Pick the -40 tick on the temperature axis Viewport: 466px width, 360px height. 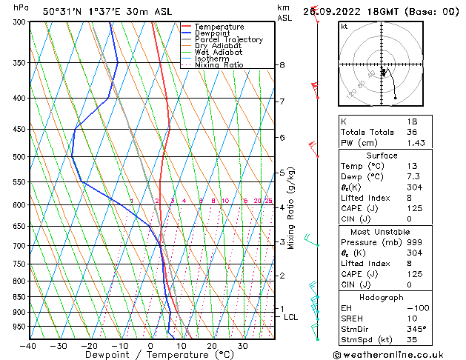click(29, 346)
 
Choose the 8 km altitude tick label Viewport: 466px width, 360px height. click(282, 65)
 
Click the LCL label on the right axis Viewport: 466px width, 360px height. click(291, 317)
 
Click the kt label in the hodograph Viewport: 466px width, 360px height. click(344, 26)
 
